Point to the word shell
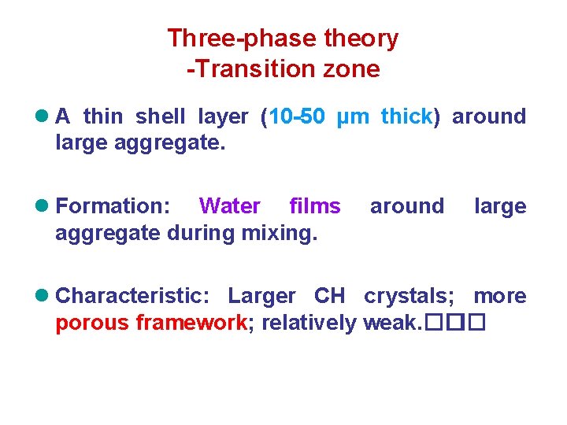pyautogui.click(x=161, y=116)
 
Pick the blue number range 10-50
pyautogui.click(x=297, y=116)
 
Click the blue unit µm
pyautogui.click(x=353, y=117)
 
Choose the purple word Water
pyautogui.click(x=229, y=206)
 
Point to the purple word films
pyautogui.click(x=315, y=206)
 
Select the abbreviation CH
pyautogui.click(x=329, y=296)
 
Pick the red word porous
pyautogui.click(x=93, y=323)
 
